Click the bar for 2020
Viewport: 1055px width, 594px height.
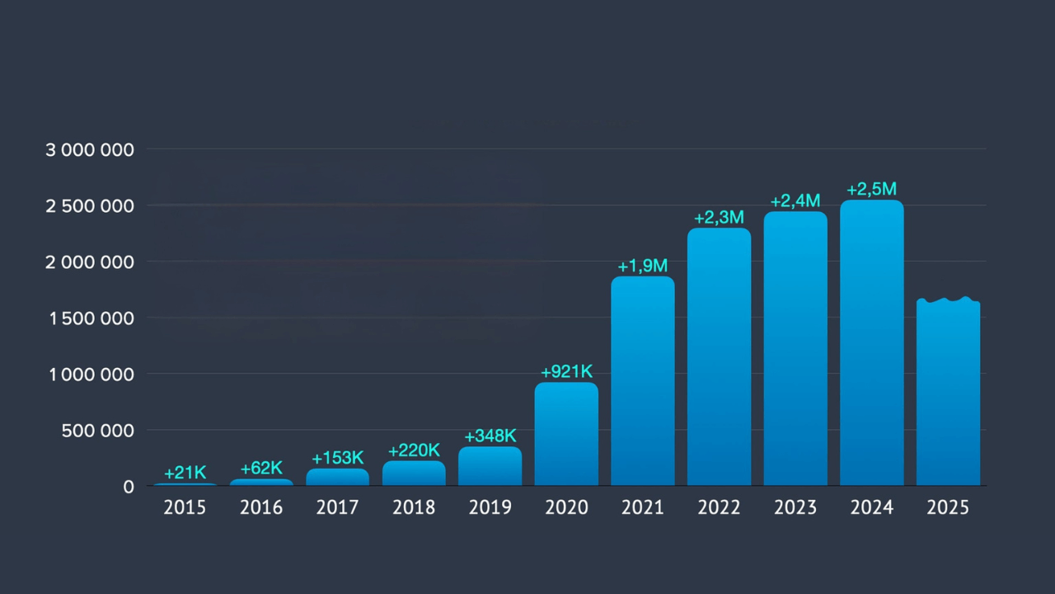(x=566, y=434)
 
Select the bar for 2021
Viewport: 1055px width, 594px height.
(x=643, y=381)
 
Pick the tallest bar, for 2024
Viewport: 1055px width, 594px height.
(x=872, y=343)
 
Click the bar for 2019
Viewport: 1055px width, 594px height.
(x=490, y=466)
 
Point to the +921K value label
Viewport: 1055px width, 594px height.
(x=566, y=371)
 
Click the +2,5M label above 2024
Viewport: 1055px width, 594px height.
(x=872, y=190)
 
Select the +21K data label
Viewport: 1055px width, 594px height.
(x=185, y=473)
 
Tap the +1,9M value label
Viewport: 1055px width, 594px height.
(x=643, y=266)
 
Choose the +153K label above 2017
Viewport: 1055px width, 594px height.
(x=338, y=458)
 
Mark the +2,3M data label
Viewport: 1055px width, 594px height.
(x=719, y=217)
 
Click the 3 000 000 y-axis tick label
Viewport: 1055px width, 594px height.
(x=90, y=149)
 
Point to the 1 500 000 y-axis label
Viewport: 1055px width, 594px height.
(x=90, y=318)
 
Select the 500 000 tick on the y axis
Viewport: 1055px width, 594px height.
(x=98, y=430)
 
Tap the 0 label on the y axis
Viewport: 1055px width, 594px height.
(x=129, y=487)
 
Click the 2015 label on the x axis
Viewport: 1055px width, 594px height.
(x=185, y=507)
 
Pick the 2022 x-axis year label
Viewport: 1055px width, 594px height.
(x=719, y=507)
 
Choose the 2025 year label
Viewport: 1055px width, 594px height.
(x=948, y=507)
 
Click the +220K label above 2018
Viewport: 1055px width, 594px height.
(x=414, y=450)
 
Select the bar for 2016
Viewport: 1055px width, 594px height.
(x=261, y=482)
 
